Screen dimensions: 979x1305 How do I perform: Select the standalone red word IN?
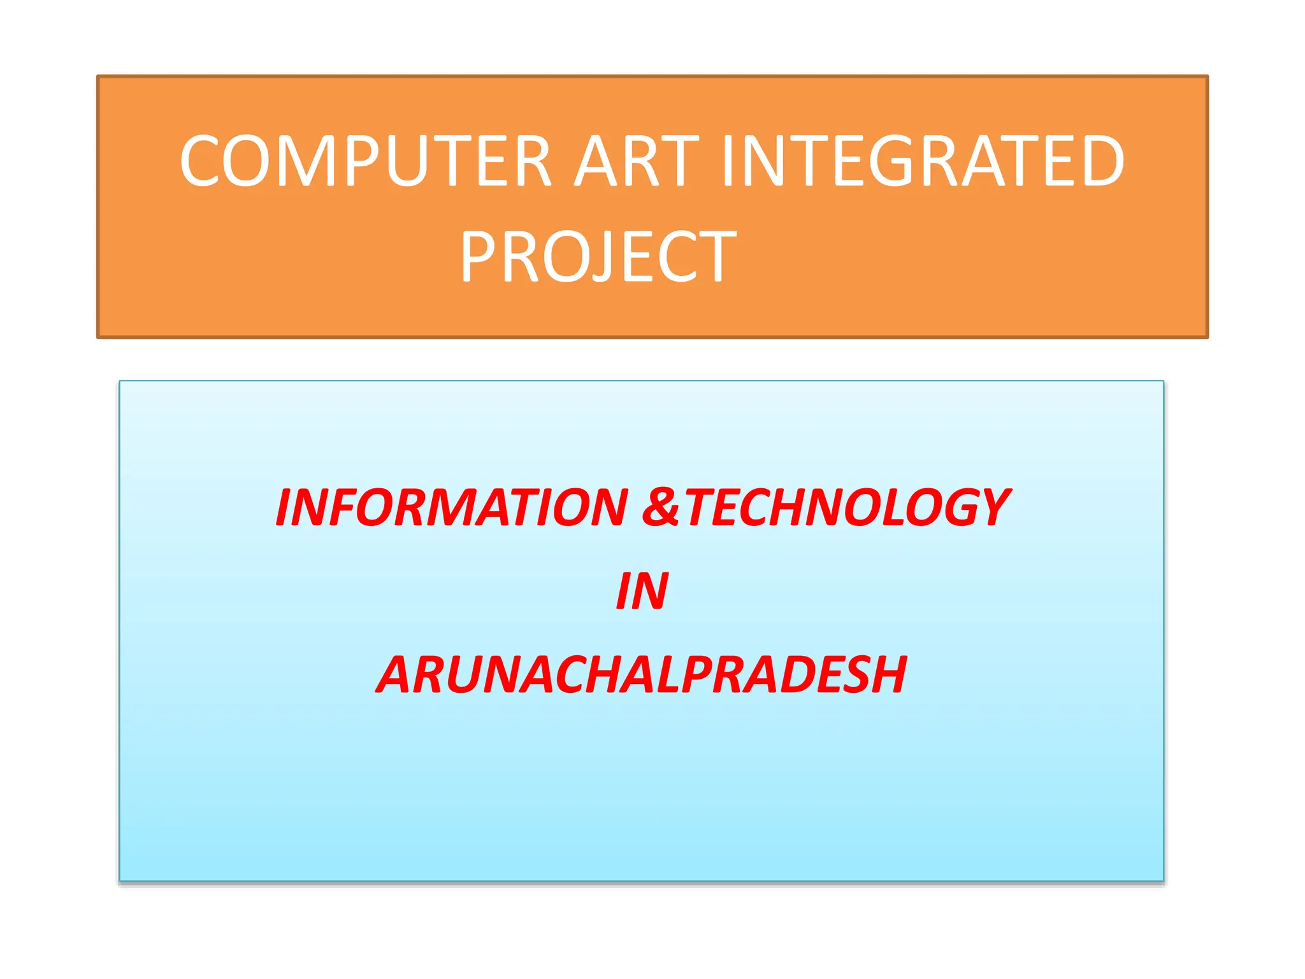[x=642, y=591]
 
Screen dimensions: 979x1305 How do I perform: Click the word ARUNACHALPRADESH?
[x=642, y=675]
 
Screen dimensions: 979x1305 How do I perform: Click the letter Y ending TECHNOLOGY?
[x=989, y=507]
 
